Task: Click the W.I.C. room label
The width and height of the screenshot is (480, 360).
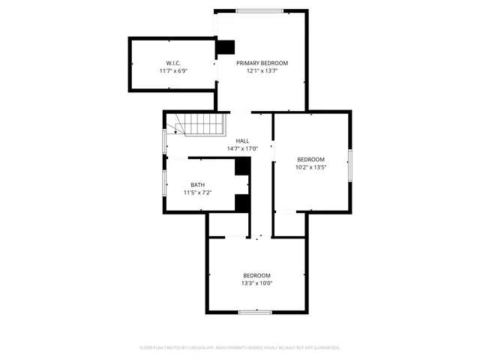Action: click(x=173, y=63)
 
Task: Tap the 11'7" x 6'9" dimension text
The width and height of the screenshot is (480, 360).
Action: click(x=173, y=71)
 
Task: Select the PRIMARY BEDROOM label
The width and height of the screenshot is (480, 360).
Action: click(x=262, y=63)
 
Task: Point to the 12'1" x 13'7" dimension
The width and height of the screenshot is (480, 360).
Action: click(x=262, y=71)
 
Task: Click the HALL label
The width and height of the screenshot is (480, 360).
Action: click(x=242, y=141)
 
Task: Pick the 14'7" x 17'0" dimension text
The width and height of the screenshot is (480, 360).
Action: click(x=242, y=148)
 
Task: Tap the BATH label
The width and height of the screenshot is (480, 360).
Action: click(x=197, y=185)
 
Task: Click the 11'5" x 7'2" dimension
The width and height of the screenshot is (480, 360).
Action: click(x=197, y=193)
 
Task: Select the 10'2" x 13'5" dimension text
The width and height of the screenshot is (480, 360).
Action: click(x=310, y=167)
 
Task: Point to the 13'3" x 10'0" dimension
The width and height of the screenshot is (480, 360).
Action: click(x=256, y=283)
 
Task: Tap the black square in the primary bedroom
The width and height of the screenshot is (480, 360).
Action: click(x=226, y=47)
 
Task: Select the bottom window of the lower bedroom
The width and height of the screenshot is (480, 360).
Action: click(x=254, y=311)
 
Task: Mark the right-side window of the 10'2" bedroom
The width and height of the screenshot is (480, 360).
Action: click(x=349, y=164)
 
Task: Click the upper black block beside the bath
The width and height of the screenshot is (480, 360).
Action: click(x=242, y=166)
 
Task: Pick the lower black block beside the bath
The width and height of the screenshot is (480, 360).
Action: click(x=242, y=202)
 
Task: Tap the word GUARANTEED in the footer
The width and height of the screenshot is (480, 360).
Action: click(x=324, y=348)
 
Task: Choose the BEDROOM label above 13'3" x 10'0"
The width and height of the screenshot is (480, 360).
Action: click(x=256, y=275)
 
